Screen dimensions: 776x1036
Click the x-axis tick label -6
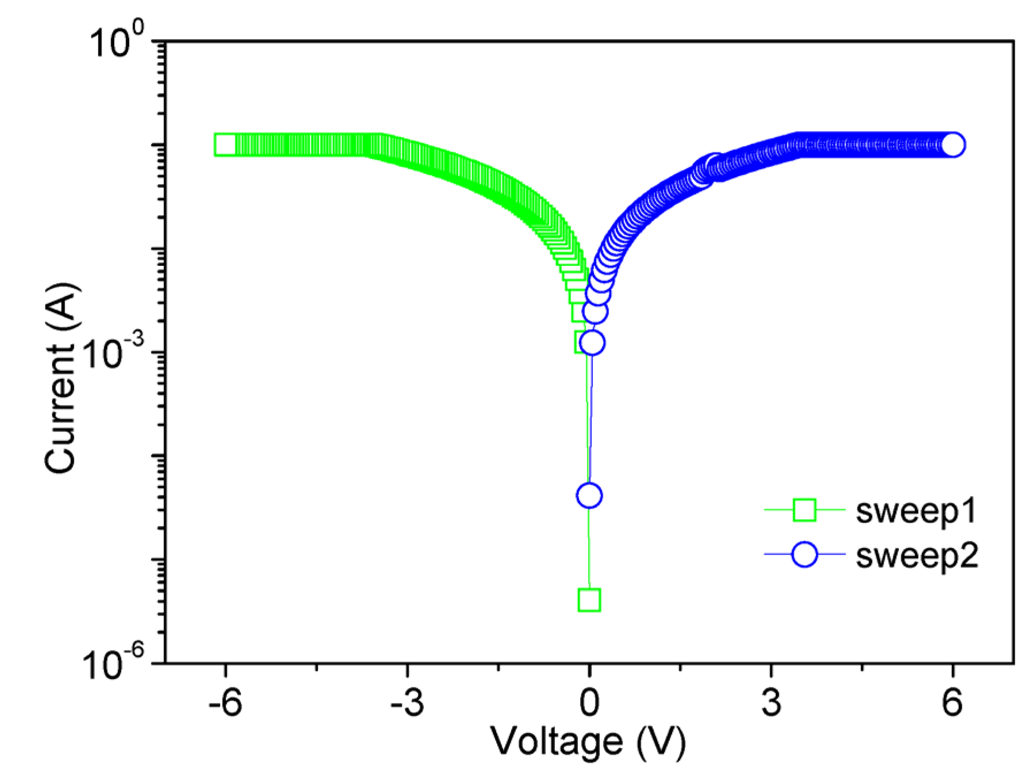[x=225, y=703]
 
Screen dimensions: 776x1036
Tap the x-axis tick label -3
[x=407, y=703]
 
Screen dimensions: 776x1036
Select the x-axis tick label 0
[x=589, y=703]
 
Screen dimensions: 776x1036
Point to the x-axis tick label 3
[x=771, y=703]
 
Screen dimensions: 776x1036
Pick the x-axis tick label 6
[x=953, y=703]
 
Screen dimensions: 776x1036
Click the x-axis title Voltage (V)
[x=588, y=741]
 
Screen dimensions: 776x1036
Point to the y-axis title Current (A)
[x=60, y=378]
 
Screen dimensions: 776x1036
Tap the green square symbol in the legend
[x=804, y=510]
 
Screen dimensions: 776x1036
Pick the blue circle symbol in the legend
[x=804, y=555]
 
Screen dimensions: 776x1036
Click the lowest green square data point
[x=589, y=600]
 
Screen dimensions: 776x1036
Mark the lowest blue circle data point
[x=589, y=495]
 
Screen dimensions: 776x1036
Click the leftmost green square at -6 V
[x=225, y=145]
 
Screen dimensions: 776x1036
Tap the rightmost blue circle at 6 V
[x=953, y=144]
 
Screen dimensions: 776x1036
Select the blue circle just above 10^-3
[x=592, y=343]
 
